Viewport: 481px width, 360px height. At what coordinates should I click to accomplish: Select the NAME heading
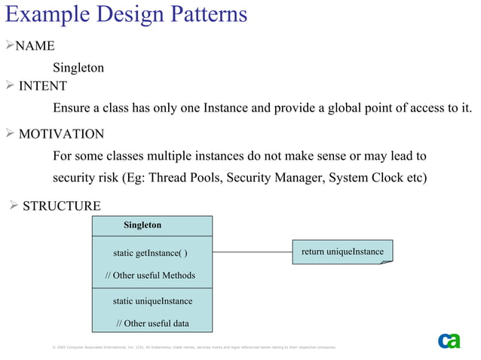pos(35,46)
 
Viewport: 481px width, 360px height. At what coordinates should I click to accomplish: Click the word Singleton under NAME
pos(78,68)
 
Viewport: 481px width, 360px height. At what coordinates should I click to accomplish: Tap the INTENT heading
pos(42,86)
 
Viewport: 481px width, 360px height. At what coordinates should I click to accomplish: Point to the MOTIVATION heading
pos(61,134)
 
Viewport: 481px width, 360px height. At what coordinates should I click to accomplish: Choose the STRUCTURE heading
pos(61,206)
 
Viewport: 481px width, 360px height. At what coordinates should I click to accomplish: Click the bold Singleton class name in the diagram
pos(142,225)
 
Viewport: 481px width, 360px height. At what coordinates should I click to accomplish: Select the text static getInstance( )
pos(150,252)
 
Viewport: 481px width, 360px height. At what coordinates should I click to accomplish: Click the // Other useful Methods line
pos(150,276)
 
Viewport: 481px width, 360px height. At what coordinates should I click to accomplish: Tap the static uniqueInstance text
pos(152,301)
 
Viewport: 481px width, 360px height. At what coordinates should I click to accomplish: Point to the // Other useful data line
pos(152,324)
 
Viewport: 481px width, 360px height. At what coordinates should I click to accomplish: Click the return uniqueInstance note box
pos(342,252)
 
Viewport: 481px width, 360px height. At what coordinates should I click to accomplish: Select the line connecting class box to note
pos(252,252)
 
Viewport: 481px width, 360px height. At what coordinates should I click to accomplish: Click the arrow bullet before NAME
pos(9,46)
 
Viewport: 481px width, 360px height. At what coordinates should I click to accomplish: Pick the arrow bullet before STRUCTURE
pos(13,206)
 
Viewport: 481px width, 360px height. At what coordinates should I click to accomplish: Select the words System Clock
pos(366,178)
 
